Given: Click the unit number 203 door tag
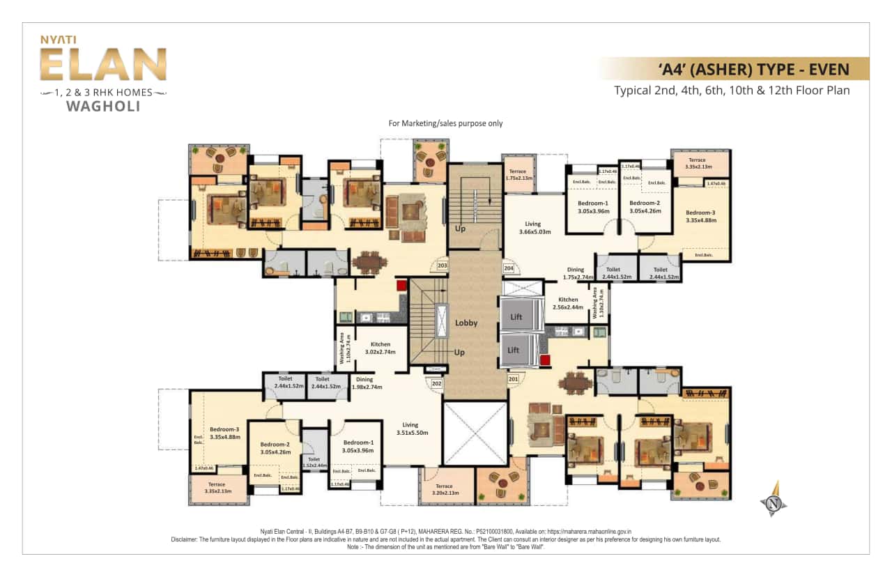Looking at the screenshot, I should click(x=441, y=265).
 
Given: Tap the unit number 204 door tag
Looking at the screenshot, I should click(x=508, y=268).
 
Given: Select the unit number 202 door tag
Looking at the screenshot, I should click(x=437, y=383).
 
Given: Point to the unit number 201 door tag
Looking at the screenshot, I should click(x=514, y=379).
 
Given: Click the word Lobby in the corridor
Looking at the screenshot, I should click(x=466, y=323).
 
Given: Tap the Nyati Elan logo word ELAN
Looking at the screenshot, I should click(x=102, y=65).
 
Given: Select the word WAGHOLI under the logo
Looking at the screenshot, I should click(x=102, y=107).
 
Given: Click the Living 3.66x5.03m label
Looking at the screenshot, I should click(x=535, y=228).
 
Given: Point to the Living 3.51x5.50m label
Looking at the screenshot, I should click(x=410, y=429).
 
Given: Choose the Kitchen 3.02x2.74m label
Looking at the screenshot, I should click(x=380, y=348).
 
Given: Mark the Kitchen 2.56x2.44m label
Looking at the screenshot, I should click(x=567, y=303).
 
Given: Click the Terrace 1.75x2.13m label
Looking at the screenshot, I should click(x=517, y=175).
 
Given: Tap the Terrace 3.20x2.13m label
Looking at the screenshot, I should click(x=444, y=490).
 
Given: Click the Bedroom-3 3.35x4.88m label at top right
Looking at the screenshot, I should click(x=700, y=216).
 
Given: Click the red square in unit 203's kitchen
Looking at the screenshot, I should click(x=401, y=286).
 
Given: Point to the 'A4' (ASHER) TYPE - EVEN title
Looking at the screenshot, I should click(x=753, y=69).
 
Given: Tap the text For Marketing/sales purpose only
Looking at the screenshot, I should click(x=445, y=123).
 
